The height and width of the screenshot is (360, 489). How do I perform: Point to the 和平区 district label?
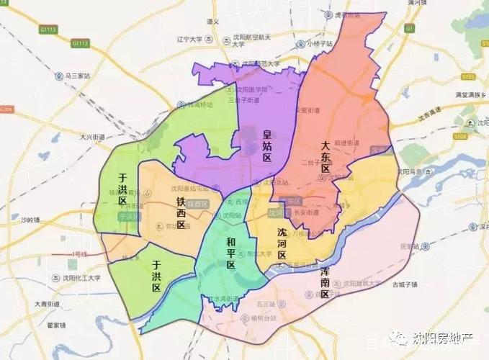[x=230, y=253]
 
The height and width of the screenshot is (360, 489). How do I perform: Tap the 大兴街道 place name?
[x=92, y=136]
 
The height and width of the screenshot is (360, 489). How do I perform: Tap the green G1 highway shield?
[x=409, y=28]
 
